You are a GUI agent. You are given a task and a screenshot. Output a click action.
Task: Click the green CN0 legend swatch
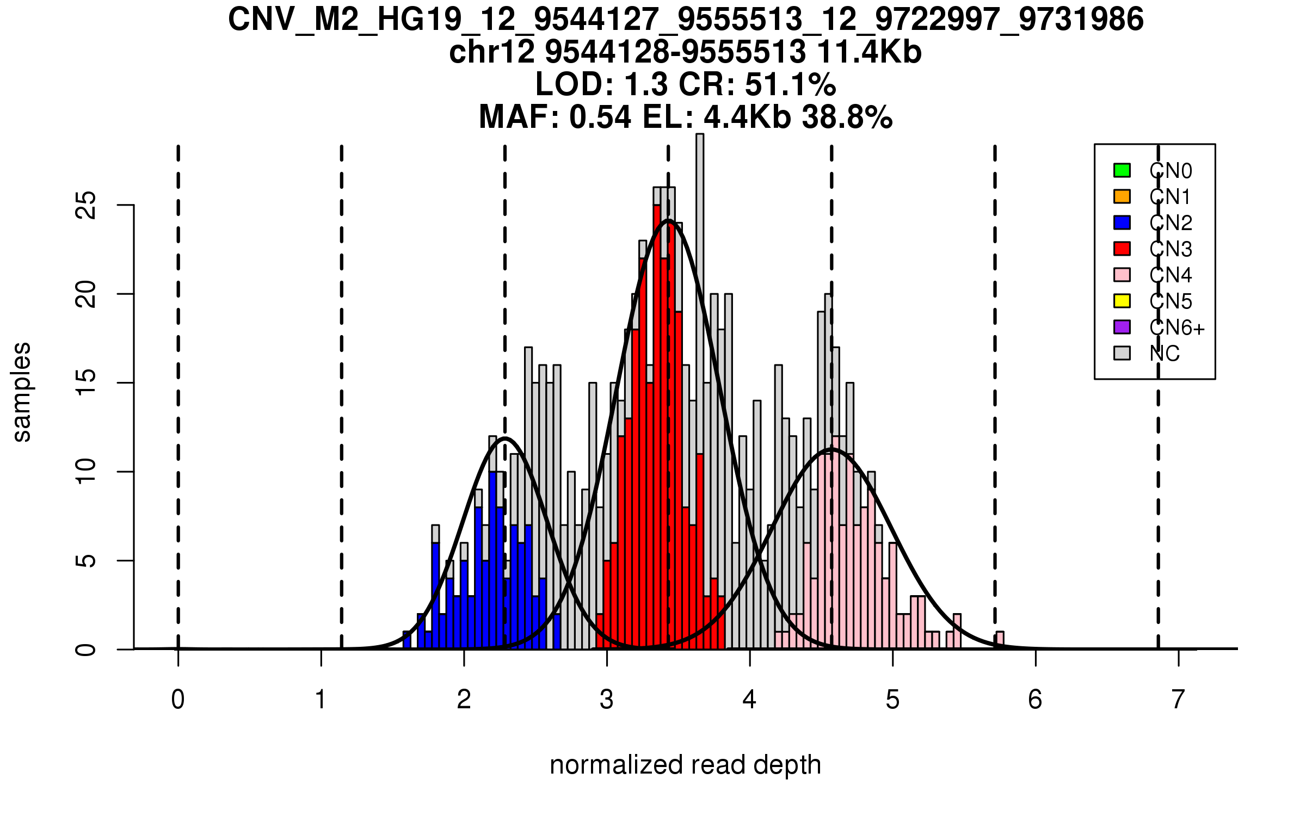tap(1122, 170)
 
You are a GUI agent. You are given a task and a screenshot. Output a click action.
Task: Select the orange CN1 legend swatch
tap(1122, 196)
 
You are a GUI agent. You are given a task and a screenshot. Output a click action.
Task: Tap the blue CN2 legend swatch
tap(1122, 222)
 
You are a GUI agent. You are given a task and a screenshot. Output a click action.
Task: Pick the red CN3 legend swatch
tap(1122, 249)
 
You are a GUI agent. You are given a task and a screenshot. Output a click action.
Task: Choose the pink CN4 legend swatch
tap(1122, 275)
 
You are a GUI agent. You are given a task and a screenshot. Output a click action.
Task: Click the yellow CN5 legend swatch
tap(1122, 301)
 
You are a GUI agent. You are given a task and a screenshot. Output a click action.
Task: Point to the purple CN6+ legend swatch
tap(1122, 327)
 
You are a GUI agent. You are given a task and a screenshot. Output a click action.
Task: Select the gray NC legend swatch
tap(1122, 353)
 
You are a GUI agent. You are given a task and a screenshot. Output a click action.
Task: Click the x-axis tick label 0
tap(178, 700)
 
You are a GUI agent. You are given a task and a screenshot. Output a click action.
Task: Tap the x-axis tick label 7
tap(1178, 700)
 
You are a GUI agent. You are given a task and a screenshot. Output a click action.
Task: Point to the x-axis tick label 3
tap(607, 700)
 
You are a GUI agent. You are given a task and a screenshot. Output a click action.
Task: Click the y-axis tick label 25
tap(86, 206)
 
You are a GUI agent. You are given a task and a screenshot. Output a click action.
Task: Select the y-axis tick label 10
tap(86, 472)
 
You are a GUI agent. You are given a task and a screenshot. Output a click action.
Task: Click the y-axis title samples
tap(22, 392)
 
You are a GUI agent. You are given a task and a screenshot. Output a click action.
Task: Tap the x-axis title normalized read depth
tap(685, 765)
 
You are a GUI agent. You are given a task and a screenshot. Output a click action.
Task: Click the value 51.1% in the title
tap(790, 84)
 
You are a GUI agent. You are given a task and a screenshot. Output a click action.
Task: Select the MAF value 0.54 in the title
tap(600, 117)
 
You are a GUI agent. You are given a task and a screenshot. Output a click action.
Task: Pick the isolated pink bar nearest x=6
tap(1000, 640)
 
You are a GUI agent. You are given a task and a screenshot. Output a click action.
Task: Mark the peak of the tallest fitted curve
tap(668, 220)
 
